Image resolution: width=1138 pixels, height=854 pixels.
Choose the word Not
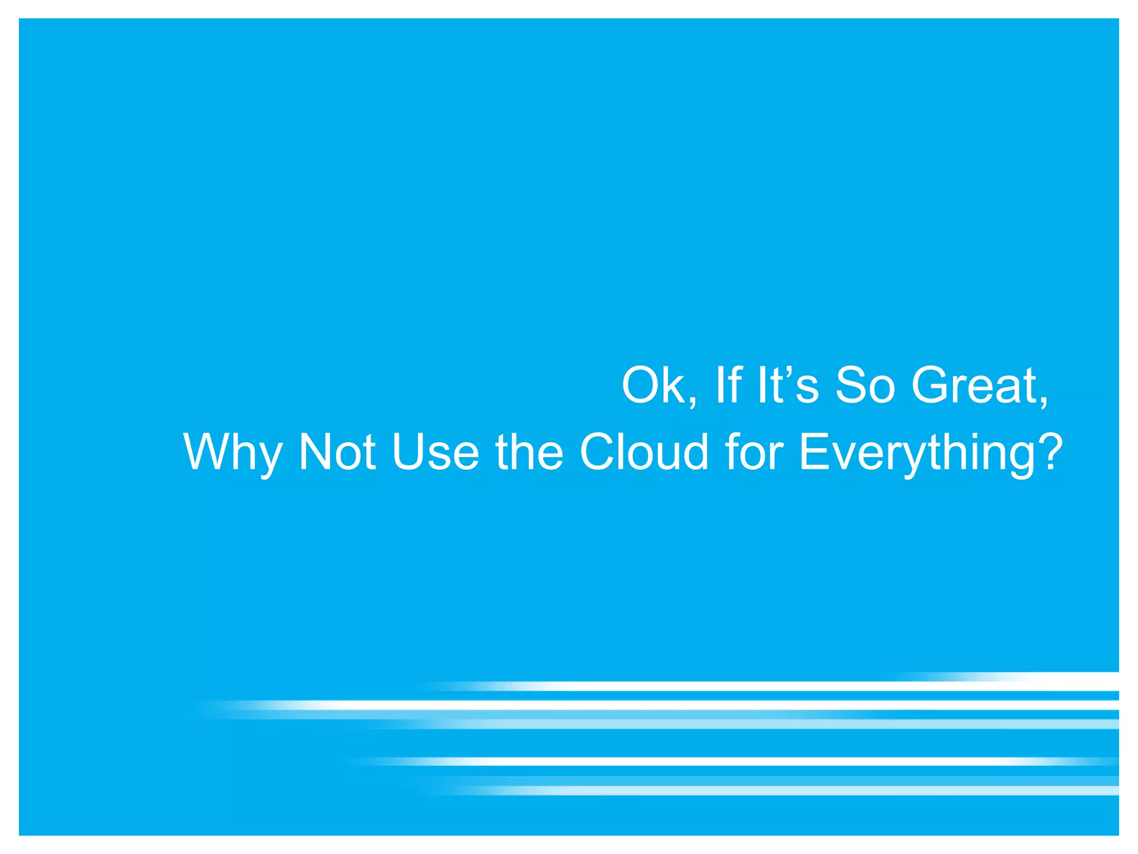337,451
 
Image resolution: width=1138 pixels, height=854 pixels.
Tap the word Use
435,451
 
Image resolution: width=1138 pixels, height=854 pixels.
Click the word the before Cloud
529,451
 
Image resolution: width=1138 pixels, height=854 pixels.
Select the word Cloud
644,451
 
